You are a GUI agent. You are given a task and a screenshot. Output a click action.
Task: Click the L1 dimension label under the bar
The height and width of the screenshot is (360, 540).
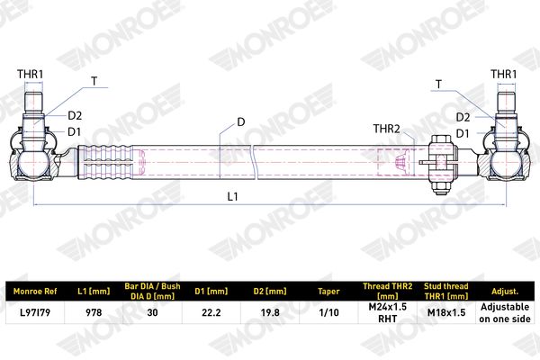[x=233, y=197]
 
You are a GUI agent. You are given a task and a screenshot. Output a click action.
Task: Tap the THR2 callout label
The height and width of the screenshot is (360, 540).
[x=387, y=129]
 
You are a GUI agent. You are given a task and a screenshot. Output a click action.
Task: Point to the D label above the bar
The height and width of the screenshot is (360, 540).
[x=241, y=122]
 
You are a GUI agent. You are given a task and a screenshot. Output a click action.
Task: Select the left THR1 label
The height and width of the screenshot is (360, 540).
[x=31, y=74]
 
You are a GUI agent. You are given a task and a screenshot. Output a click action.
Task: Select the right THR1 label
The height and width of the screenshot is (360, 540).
[x=503, y=74]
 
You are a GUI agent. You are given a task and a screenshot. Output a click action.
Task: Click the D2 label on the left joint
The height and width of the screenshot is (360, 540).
[x=75, y=116]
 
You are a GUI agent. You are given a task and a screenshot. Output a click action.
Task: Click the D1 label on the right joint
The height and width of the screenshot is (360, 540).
[x=463, y=133]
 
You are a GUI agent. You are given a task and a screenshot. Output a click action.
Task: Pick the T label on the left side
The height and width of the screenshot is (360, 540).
[x=94, y=81]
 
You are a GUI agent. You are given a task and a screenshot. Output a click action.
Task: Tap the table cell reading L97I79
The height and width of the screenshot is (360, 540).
[x=35, y=312]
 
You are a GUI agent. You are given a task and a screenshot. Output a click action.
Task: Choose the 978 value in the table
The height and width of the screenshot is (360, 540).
[x=94, y=312]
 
